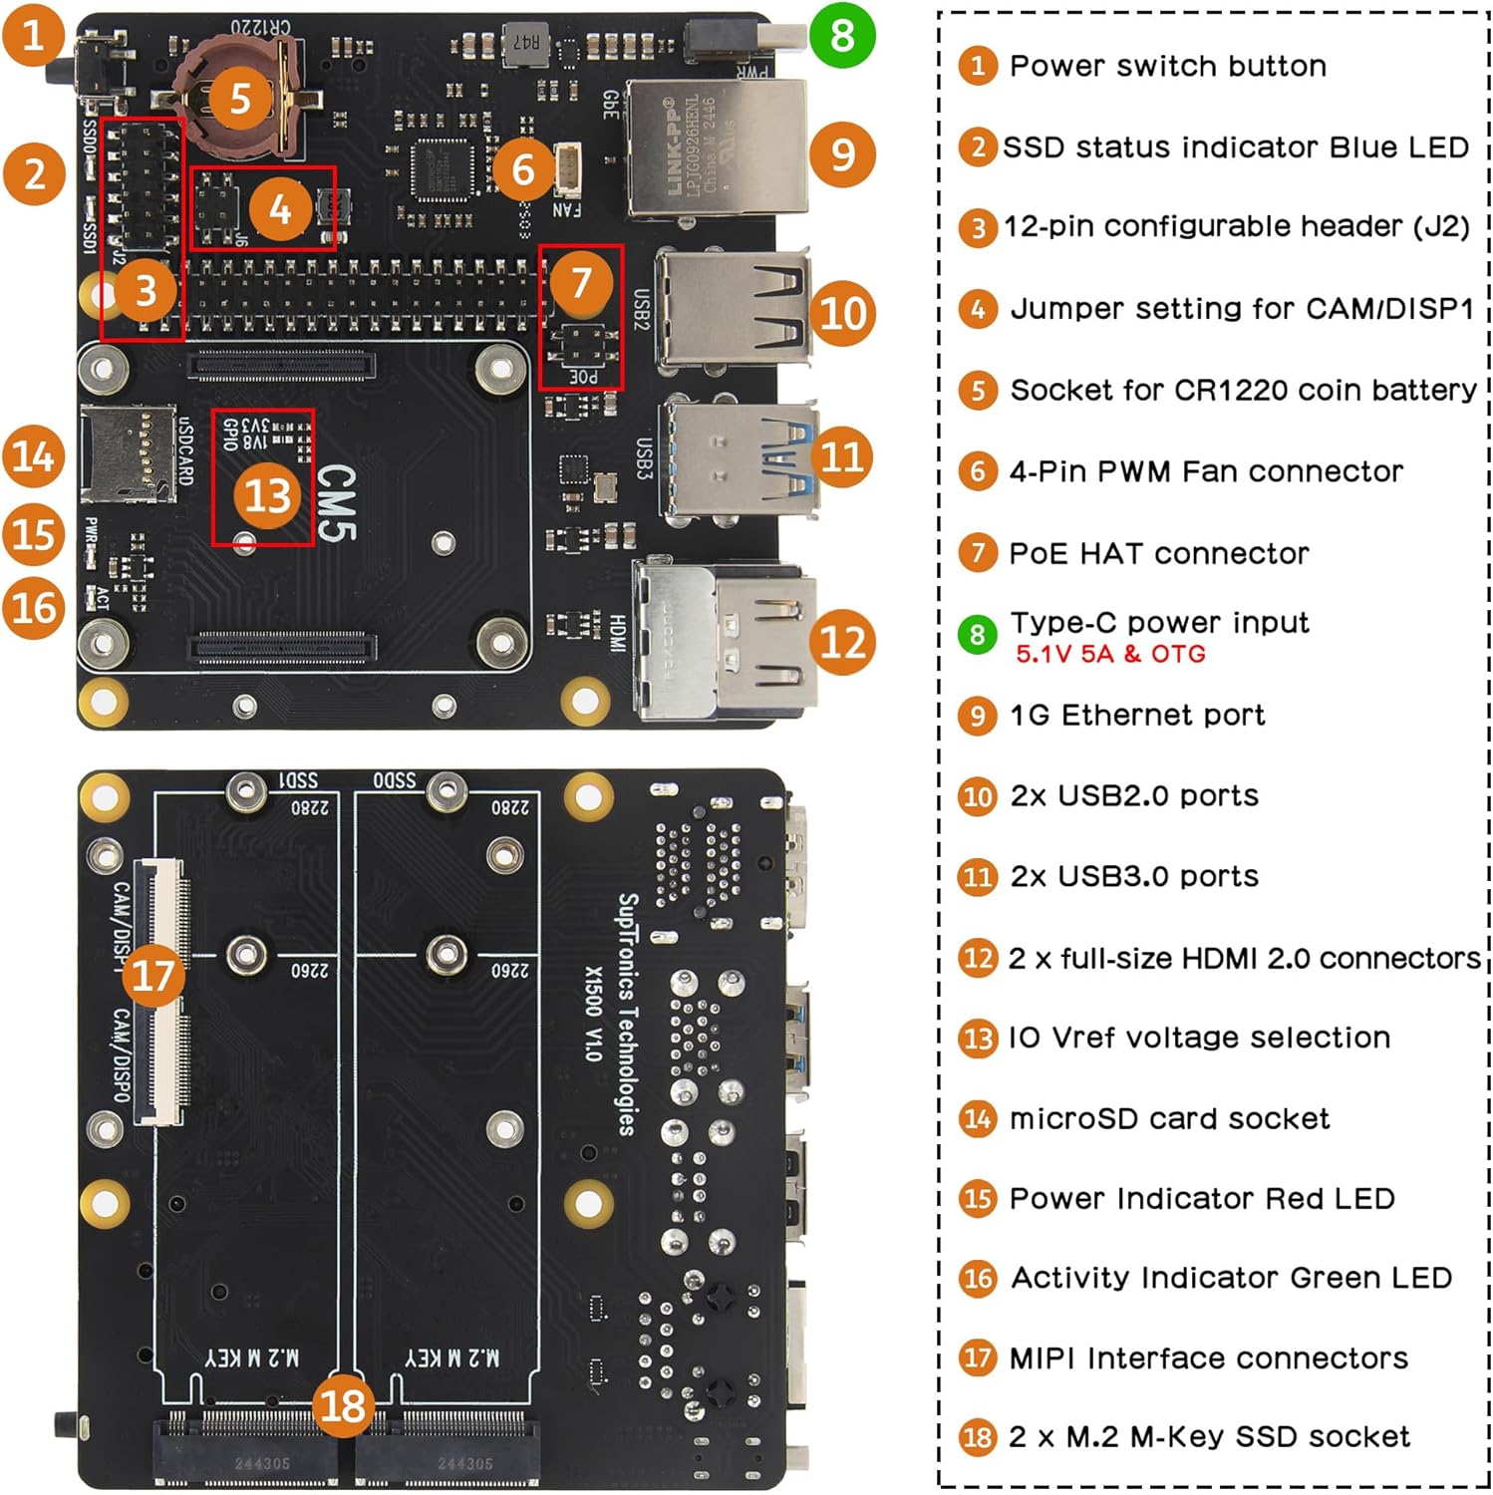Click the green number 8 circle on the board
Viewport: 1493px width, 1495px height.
coord(842,35)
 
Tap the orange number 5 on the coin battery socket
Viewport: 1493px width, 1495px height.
coord(239,99)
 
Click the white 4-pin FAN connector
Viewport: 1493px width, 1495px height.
coord(566,169)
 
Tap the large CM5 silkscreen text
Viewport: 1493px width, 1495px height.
coord(336,503)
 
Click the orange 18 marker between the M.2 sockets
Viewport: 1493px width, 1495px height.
coord(343,1406)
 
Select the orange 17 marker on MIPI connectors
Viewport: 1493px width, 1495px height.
coord(152,975)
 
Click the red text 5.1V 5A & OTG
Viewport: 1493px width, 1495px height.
coord(1110,655)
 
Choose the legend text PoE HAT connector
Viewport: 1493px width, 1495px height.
coord(1158,553)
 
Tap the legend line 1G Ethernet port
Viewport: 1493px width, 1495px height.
coord(1136,715)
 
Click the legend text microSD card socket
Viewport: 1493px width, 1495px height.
coord(1169,1118)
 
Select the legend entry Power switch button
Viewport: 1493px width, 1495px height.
coord(1167,66)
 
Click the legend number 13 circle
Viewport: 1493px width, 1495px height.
coord(978,1039)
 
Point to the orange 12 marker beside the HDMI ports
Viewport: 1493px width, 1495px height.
coord(843,642)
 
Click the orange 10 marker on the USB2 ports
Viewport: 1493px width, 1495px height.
coord(843,313)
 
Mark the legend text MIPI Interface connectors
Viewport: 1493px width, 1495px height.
coord(1208,1357)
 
